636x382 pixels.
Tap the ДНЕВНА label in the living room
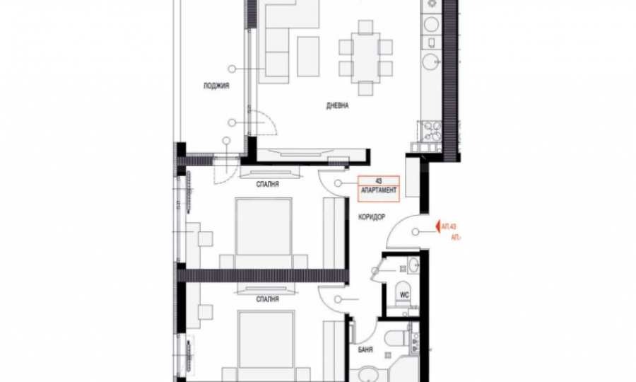[338, 106]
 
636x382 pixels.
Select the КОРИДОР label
[372, 217]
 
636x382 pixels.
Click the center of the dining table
[365, 57]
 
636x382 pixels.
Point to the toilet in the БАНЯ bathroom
[406, 339]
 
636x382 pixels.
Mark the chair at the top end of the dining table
[365, 28]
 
